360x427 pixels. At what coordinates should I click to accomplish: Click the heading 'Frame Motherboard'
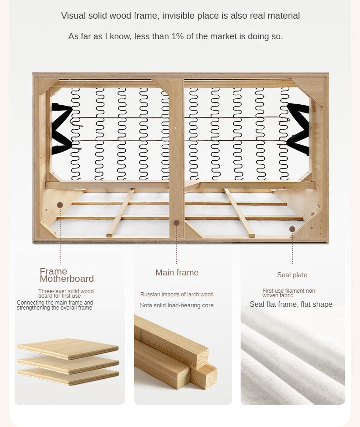(67, 275)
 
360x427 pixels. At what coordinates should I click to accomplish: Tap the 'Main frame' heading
(177, 273)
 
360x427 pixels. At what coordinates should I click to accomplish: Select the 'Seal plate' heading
(292, 275)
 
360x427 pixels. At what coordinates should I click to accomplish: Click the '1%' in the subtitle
(177, 36)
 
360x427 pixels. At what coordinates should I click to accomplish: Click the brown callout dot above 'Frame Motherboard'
(60, 205)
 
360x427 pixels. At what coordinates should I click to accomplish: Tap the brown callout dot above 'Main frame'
(177, 223)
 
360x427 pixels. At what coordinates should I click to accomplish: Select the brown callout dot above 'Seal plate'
(293, 229)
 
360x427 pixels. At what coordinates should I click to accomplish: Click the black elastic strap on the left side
(61, 128)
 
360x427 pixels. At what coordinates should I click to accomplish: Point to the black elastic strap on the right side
(299, 128)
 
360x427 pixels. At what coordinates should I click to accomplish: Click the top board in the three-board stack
(68, 349)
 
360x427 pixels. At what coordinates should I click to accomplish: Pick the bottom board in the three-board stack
(68, 376)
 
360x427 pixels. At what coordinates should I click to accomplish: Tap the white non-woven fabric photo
(293, 355)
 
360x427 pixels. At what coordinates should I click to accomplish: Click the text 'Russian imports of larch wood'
(177, 295)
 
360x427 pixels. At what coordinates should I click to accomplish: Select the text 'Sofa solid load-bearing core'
(177, 305)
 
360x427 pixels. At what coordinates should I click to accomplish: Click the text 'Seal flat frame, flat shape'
(291, 304)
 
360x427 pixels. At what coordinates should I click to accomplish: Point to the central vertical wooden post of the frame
(177, 158)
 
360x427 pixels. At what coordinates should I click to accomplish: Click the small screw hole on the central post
(175, 127)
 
